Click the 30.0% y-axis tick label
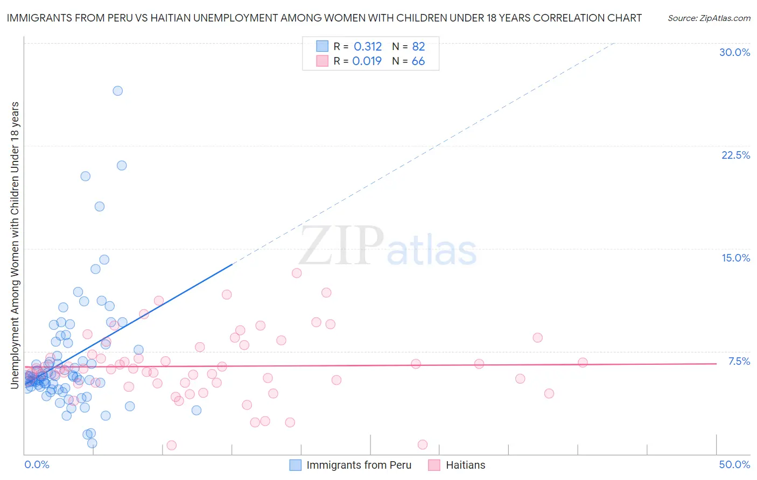(x=734, y=52)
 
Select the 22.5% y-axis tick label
(x=735, y=155)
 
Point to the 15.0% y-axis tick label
(x=735, y=258)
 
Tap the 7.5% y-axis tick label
(x=739, y=361)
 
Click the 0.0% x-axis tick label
(x=37, y=464)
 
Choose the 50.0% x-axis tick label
(x=734, y=464)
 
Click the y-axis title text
(x=15, y=245)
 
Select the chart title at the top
(x=324, y=18)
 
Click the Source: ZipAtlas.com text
(x=709, y=18)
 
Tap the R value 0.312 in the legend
(x=368, y=47)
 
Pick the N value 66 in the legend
(x=418, y=61)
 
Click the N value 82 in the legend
(x=418, y=47)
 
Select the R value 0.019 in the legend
(x=367, y=61)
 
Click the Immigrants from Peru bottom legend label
(x=359, y=465)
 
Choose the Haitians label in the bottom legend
(x=465, y=465)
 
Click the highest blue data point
(x=117, y=90)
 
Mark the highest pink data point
(x=297, y=273)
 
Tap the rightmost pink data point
(x=583, y=362)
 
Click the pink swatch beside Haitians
(x=434, y=465)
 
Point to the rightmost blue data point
(x=197, y=410)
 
